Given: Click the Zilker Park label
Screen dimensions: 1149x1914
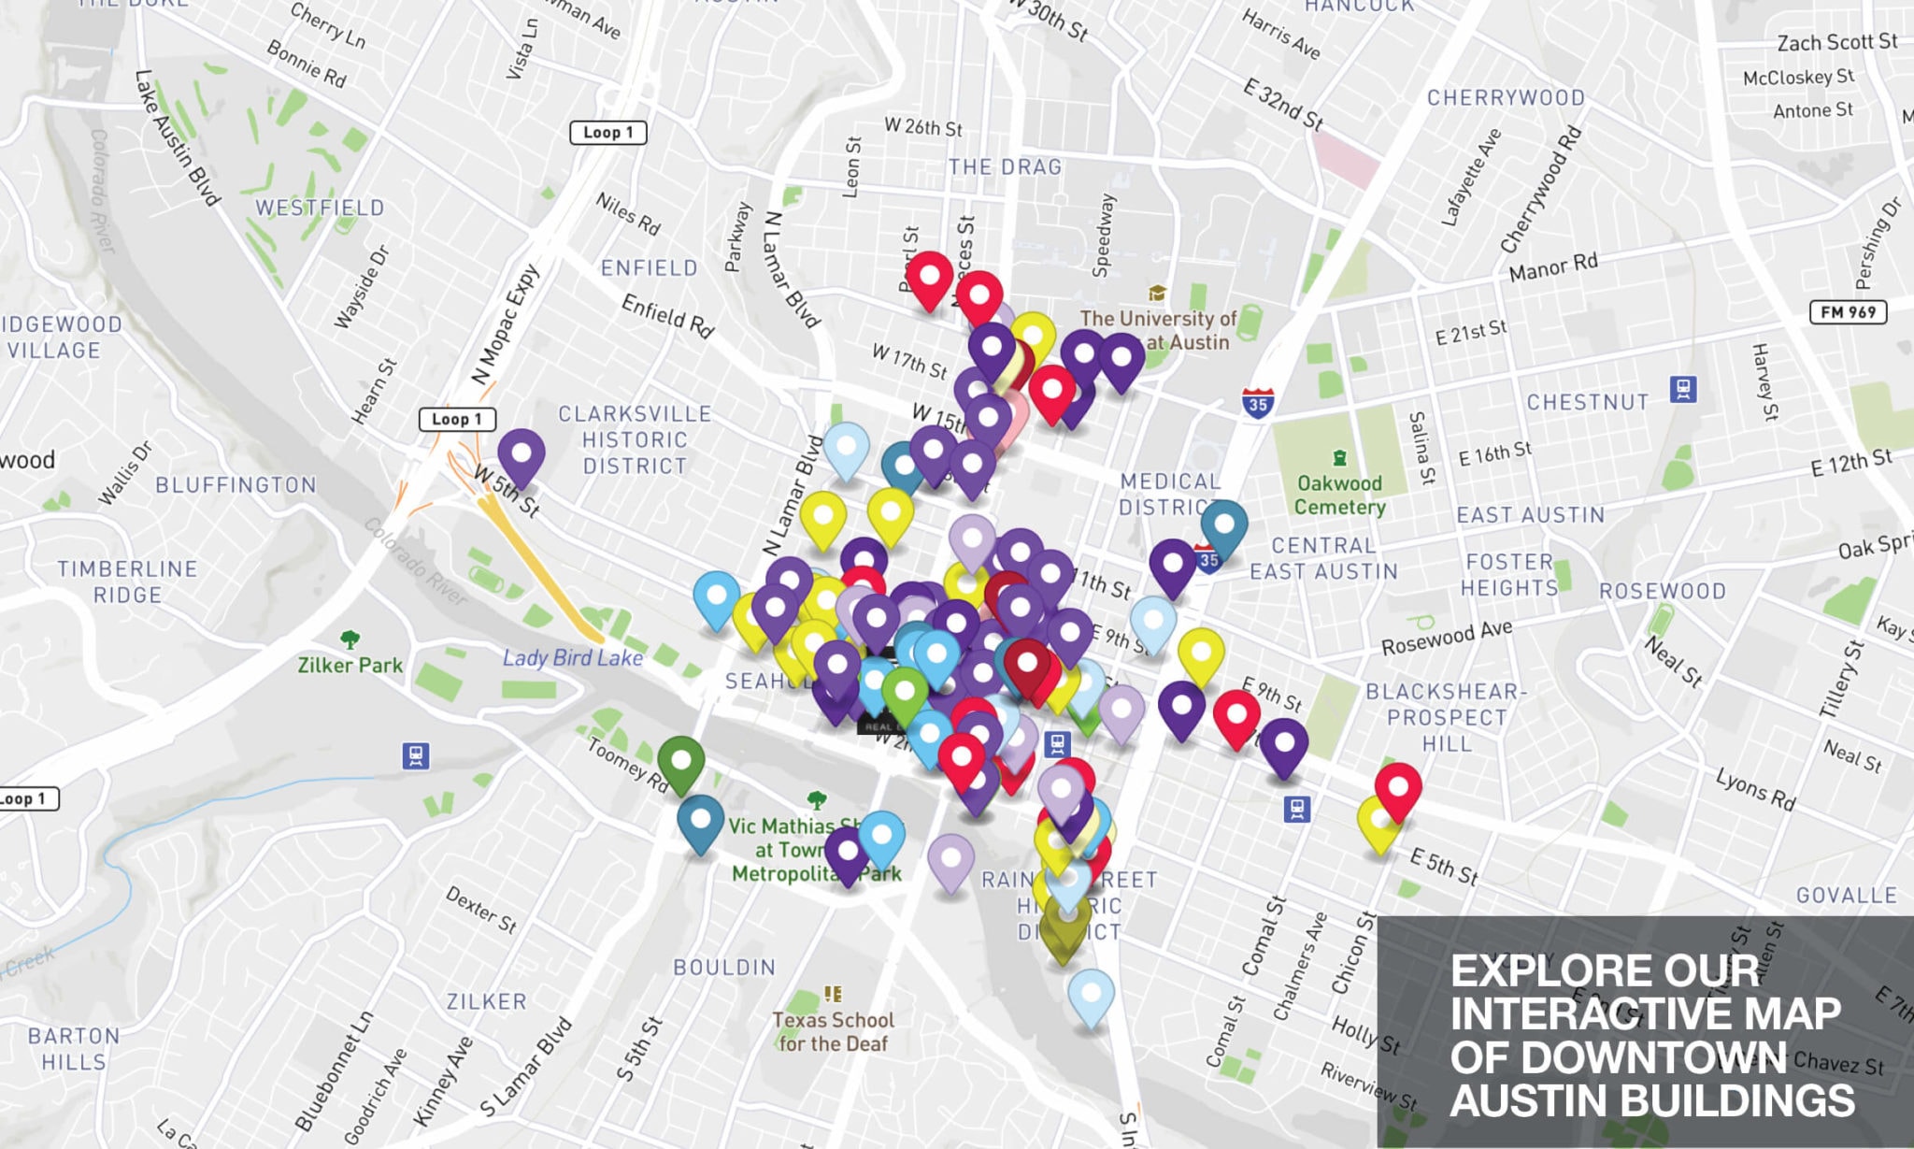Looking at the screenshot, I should coord(350,665).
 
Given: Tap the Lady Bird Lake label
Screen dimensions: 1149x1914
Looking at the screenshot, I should coord(573,658).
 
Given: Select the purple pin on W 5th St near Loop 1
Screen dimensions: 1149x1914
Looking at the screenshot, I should coord(521,454).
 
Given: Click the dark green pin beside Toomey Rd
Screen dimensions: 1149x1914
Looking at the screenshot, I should coord(681,761).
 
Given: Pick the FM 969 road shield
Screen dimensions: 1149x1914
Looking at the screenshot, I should coord(1848,312).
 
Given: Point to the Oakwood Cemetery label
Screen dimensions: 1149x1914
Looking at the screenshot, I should coord(1339,496).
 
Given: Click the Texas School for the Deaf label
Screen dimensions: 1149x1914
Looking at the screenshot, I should coord(833,1031).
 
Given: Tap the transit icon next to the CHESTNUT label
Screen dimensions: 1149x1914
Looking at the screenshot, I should coord(1683,388).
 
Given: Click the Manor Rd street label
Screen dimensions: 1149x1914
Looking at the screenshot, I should coord(1553,267).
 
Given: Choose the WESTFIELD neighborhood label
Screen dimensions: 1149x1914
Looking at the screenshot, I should coord(320,208).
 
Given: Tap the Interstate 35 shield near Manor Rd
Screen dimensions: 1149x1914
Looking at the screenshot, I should coord(1258,403).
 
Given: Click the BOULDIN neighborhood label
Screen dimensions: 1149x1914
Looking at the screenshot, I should coord(724,967).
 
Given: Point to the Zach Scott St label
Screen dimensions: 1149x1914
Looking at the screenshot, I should coord(1836,42).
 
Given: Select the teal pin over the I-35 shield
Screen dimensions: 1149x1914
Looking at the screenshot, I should coord(1223,525).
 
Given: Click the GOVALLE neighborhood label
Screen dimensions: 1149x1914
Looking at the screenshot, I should coord(1846,895).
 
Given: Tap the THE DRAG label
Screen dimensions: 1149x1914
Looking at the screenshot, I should coord(1005,166).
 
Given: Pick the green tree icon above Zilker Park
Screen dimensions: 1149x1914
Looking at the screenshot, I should coord(350,639).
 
